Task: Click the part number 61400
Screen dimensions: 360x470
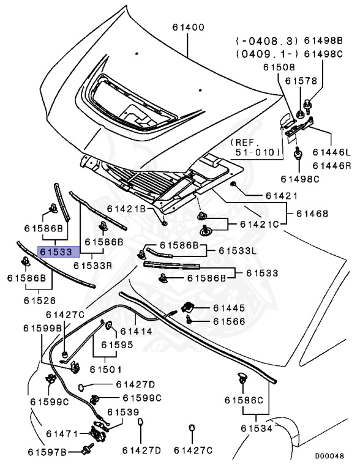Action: (188, 28)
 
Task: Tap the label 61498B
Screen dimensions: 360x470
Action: (323, 40)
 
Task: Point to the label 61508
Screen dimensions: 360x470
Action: (279, 67)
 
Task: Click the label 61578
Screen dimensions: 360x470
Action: (301, 81)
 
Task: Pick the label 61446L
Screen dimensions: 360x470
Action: (331, 152)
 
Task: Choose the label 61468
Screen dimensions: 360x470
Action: (312, 214)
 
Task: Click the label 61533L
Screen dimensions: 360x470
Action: (238, 250)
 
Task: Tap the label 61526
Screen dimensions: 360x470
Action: (40, 300)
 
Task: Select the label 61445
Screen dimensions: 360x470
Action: (229, 308)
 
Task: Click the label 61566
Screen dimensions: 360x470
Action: (229, 321)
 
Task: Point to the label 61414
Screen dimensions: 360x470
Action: (136, 331)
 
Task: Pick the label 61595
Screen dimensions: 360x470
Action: (117, 345)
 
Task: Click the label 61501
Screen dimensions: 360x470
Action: (106, 369)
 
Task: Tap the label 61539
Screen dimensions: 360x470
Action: (123, 412)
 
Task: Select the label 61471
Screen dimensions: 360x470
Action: (62, 434)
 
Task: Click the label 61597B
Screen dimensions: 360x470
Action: (47, 452)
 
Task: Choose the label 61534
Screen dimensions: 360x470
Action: (257, 428)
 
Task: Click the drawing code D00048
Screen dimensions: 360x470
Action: (329, 456)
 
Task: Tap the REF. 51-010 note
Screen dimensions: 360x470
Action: (255, 147)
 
